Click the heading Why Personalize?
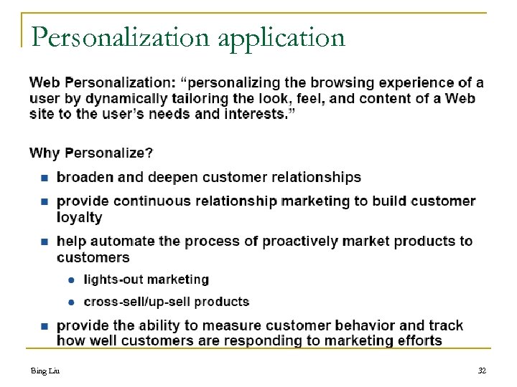pos(90,153)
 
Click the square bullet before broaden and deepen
pos(44,177)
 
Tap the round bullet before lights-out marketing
pos(72,280)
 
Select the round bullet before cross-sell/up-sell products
pos(72,302)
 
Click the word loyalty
pos(79,217)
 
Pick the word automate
pos(121,242)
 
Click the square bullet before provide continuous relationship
pos(44,201)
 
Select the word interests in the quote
pos(259,114)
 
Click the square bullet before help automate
pos(44,242)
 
